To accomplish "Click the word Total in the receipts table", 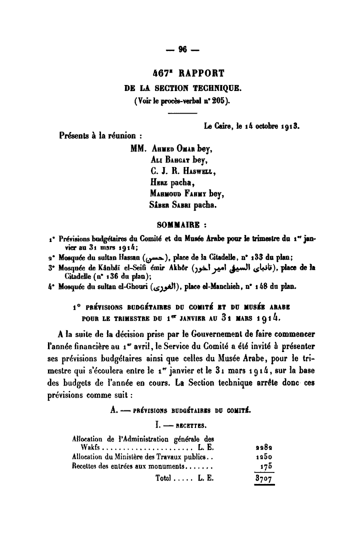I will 164,478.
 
